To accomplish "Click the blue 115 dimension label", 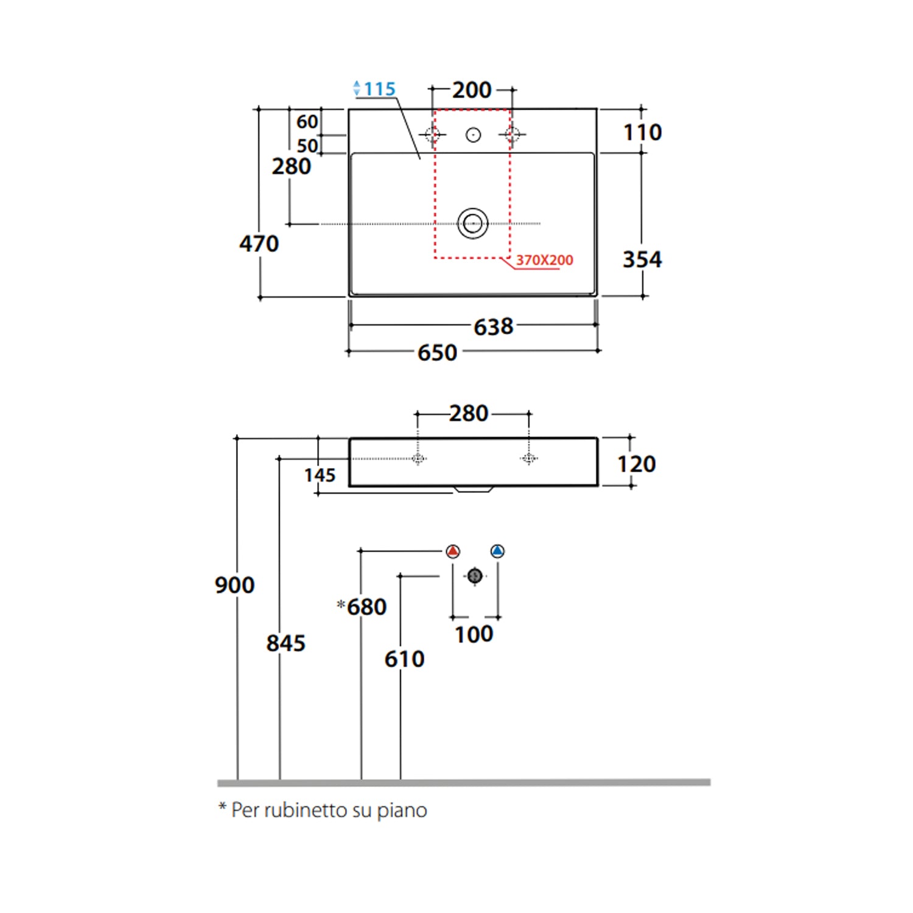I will (380, 89).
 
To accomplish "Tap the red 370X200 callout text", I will (544, 260).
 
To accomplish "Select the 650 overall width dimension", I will (437, 353).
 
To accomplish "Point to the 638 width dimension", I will (494, 327).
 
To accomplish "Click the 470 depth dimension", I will (259, 244).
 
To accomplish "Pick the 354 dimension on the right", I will (642, 260).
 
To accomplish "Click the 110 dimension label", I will (642, 133).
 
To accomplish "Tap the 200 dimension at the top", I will (472, 90).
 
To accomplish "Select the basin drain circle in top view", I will (473, 223).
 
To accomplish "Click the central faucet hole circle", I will (473, 135).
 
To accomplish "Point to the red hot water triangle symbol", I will (453, 551).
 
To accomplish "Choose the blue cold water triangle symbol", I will (497, 551).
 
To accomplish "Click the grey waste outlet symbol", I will (475, 576).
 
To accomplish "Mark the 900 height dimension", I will (234, 586).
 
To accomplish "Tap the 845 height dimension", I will (285, 643).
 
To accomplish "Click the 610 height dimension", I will (404, 659).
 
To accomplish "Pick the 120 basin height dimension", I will (637, 464).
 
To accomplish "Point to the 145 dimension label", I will (320, 475).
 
